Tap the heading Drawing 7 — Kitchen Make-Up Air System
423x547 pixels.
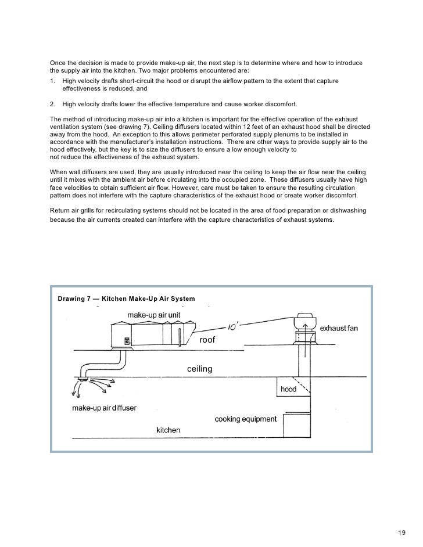pyautogui.click(x=126, y=299)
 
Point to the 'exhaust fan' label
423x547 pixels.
pyautogui.click(x=339, y=328)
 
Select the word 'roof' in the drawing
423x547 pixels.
pyautogui.click(x=207, y=340)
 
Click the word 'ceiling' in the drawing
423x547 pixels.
pyautogui.click(x=199, y=369)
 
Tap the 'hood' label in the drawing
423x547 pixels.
pyautogui.click(x=289, y=389)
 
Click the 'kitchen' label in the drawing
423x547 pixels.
pyautogui.click(x=169, y=430)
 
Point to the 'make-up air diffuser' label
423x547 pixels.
pyautogui.click(x=104, y=408)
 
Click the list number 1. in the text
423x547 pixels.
pyautogui.click(x=53, y=81)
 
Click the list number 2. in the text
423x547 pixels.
pyautogui.click(x=53, y=104)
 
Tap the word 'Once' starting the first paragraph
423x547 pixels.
pyautogui.click(x=59, y=62)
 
